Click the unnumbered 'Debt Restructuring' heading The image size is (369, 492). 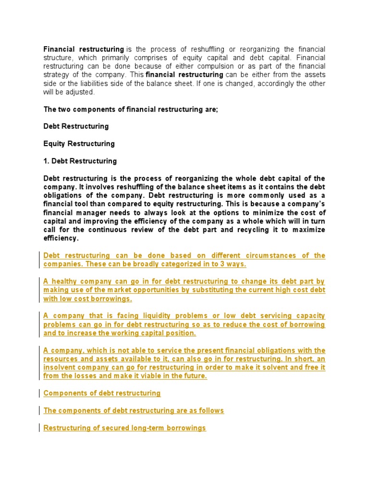point(76,126)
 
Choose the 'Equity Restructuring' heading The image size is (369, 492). point(79,144)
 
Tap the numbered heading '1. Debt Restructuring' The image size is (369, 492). point(80,161)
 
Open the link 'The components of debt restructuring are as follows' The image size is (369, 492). point(134,411)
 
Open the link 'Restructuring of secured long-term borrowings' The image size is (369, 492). point(124,428)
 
